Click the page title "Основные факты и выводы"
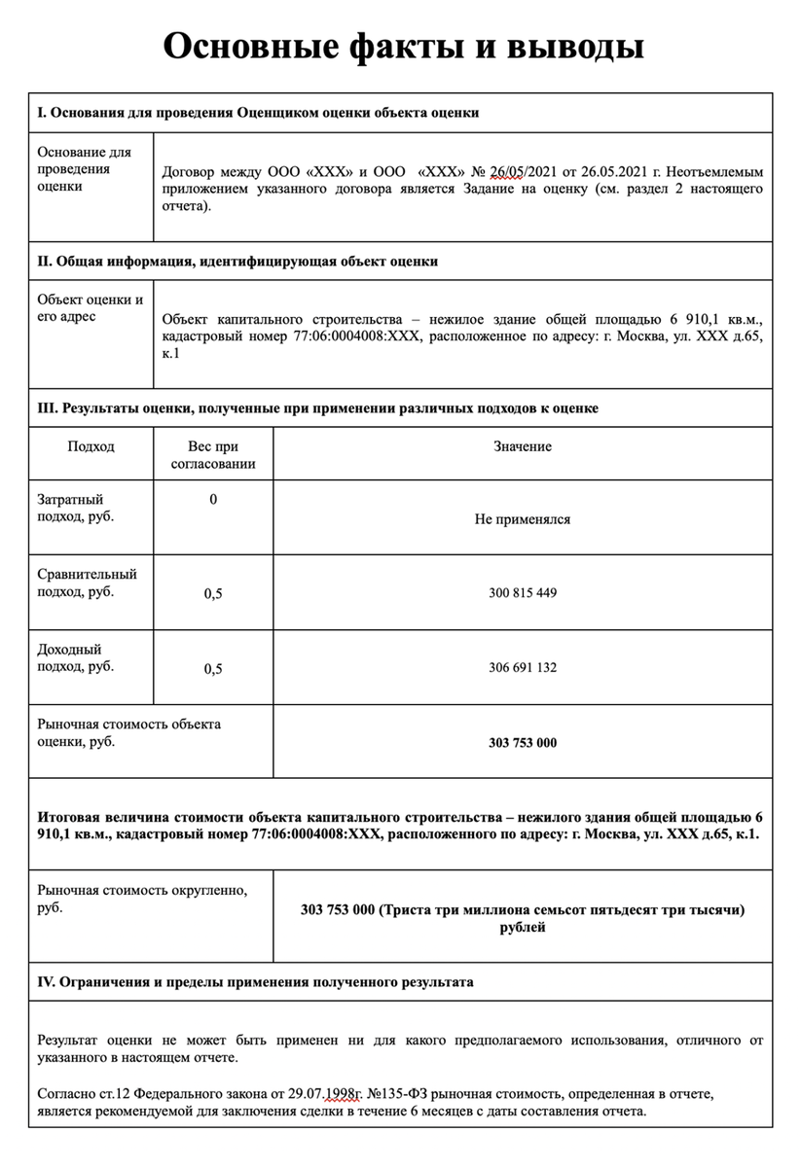[403, 46]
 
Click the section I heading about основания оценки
[258, 113]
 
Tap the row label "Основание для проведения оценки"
[84, 169]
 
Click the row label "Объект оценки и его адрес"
[90, 308]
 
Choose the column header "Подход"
[91, 446]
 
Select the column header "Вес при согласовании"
[213, 455]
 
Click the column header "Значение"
[523, 446]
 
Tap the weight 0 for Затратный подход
[213, 500]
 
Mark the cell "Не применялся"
[523, 519]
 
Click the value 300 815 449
[523, 593]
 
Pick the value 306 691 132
[523, 668]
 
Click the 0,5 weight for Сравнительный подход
[213, 593]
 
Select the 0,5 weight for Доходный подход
[213, 668]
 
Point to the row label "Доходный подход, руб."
[76, 657]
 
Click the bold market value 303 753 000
[523, 743]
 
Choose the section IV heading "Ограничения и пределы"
[255, 982]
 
